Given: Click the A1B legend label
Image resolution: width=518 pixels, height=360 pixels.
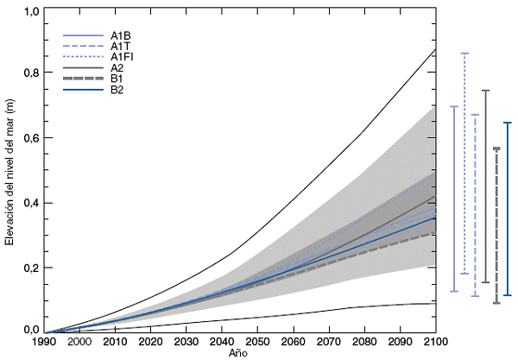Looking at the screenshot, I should pos(121,35).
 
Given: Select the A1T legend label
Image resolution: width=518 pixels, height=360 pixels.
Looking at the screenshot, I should pos(121,46).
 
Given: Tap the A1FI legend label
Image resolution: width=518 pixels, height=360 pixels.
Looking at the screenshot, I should pos(122,56).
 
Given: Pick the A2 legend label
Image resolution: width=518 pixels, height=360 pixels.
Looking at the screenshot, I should pos(117,67).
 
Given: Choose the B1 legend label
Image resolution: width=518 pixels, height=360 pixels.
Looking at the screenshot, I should pos(117,78).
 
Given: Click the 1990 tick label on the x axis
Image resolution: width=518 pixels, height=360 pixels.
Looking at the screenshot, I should pos(46,343).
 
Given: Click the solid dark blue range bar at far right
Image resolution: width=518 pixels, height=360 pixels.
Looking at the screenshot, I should pos(508,210).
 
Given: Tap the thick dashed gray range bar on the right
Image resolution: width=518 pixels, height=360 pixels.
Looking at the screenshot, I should pos(496,226).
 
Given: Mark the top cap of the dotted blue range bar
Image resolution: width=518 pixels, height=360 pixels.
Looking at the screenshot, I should pos(464,54).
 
